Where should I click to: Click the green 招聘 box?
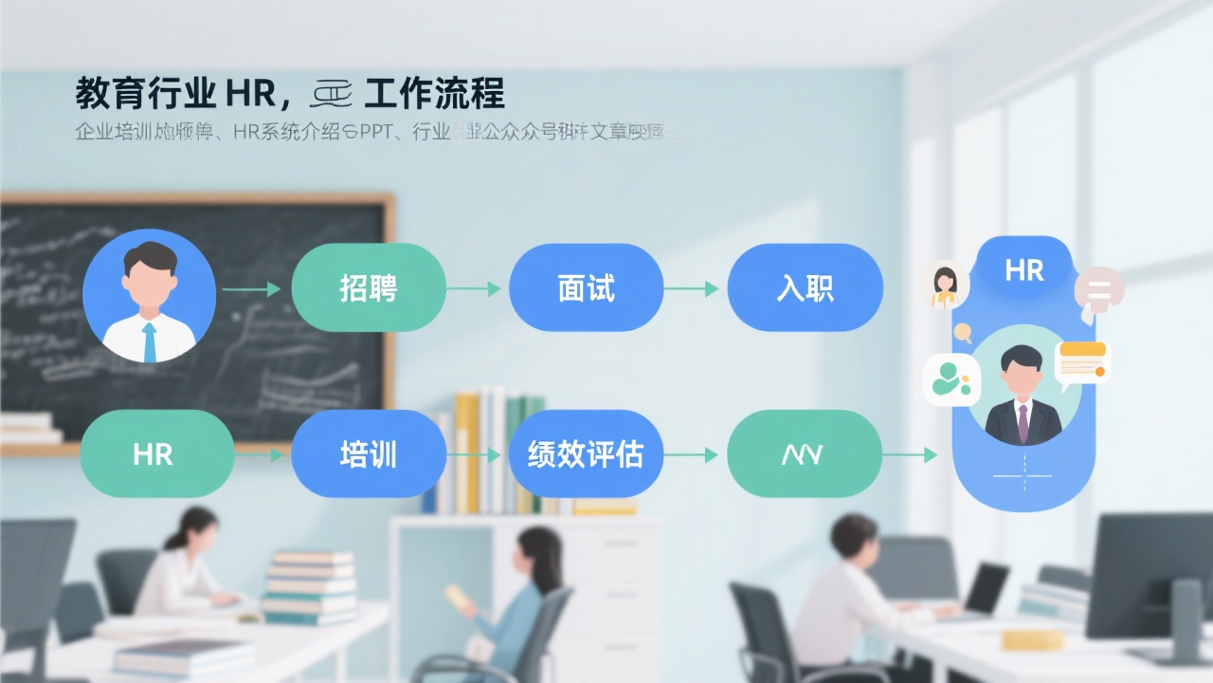click(369, 287)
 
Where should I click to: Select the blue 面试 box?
click(586, 287)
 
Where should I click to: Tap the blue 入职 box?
click(805, 287)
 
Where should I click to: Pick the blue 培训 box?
click(369, 454)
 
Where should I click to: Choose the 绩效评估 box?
click(586, 454)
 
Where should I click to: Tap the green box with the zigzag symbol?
click(804, 454)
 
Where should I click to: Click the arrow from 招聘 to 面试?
click(474, 288)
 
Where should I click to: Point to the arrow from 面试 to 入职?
click(692, 288)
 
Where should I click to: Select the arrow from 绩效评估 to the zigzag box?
click(692, 455)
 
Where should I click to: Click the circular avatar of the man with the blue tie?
click(149, 296)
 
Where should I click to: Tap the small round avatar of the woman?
click(945, 284)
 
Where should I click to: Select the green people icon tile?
click(951, 380)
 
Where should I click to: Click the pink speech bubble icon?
click(1099, 290)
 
